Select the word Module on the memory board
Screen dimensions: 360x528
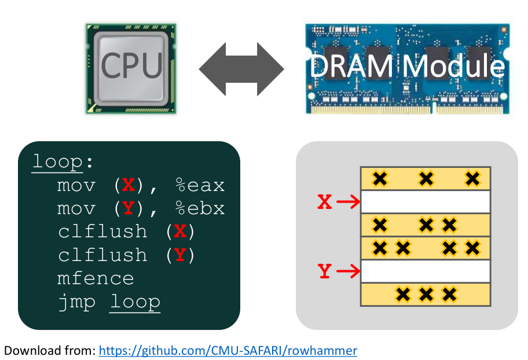click(x=454, y=65)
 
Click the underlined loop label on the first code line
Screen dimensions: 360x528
click(x=58, y=161)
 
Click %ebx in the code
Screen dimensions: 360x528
click(x=200, y=208)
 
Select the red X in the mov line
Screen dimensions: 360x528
click(x=128, y=185)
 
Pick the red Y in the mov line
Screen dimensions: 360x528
click(x=128, y=208)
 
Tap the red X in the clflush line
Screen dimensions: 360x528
click(x=180, y=232)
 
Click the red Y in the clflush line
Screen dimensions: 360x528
click(x=180, y=255)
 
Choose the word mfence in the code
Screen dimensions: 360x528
click(x=96, y=278)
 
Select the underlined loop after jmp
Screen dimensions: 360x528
click(x=135, y=302)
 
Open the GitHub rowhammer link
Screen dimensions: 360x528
click(x=228, y=350)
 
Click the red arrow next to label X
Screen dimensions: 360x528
click(x=347, y=201)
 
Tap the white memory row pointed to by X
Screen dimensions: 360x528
click(x=426, y=201)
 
